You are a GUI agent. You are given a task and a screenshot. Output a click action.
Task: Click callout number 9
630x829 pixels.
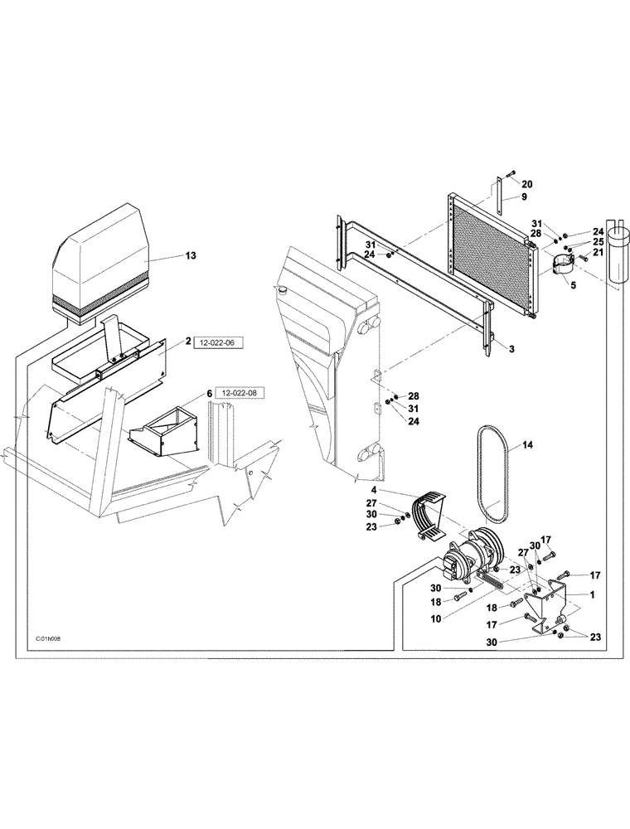pyautogui.click(x=525, y=197)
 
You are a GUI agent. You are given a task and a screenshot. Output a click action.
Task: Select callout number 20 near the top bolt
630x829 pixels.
pyautogui.click(x=527, y=184)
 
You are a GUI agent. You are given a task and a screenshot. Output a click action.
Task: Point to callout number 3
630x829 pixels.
pyautogui.click(x=511, y=349)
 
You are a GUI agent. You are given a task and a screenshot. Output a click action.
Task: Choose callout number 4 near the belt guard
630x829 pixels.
pyautogui.click(x=374, y=490)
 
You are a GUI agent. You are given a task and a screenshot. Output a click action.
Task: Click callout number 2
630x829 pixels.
pyautogui.click(x=188, y=341)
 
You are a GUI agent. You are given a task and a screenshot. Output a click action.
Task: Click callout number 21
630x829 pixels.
pyautogui.click(x=598, y=252)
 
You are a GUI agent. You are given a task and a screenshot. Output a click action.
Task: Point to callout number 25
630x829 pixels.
pyautogui.click(x=598, y=242)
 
